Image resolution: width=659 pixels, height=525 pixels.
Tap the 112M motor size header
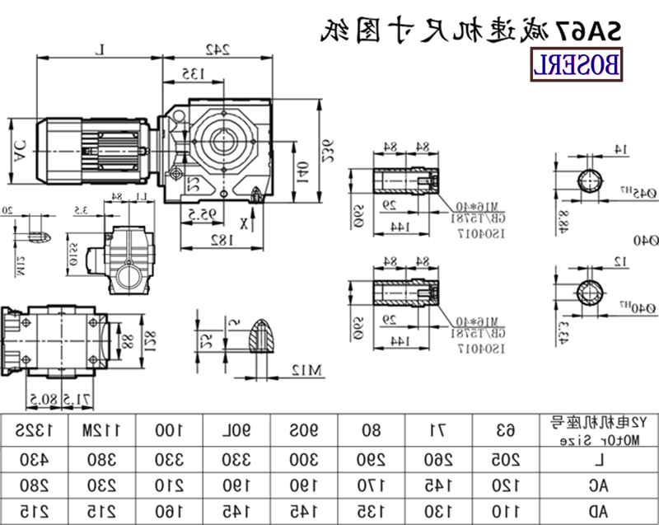click(100, 429)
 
